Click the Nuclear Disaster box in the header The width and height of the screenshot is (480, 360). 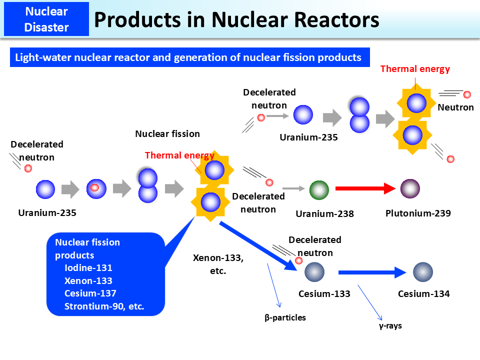46,19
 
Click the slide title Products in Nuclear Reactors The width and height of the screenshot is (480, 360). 236,20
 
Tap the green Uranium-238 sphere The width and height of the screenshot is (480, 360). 318,190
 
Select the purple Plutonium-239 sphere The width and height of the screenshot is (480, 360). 410,189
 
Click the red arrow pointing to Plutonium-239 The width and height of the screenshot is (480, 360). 365,189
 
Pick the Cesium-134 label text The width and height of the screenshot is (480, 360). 423,294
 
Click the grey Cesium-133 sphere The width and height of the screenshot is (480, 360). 314,272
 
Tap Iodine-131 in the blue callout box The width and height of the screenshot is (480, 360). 88,267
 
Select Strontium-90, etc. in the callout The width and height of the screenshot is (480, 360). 104,306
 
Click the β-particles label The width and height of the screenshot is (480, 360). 285,317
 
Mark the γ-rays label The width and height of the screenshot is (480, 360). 390,326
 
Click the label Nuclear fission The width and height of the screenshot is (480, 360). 167,134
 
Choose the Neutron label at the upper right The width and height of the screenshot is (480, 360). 455,107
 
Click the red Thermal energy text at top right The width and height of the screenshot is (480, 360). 415,69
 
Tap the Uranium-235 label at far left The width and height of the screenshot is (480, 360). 47,213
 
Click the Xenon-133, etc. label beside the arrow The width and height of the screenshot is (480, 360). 218,264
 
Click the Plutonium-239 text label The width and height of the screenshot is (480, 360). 418,213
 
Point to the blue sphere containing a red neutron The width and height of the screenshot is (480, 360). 96,188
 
